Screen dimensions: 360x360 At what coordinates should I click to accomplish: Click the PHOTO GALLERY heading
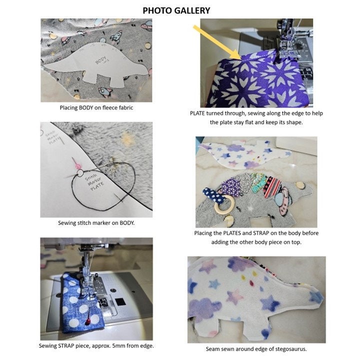click(x=176, y=10)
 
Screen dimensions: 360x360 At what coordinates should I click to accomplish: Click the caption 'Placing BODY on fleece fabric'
click(x=96, y=107)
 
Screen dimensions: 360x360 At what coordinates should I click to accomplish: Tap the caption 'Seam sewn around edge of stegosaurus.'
click(x=256, y=348)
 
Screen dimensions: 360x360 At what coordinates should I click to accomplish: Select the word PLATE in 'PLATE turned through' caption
click(x=198, y=113)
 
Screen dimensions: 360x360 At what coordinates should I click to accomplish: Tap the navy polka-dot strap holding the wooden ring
click(x=212, y=193)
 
